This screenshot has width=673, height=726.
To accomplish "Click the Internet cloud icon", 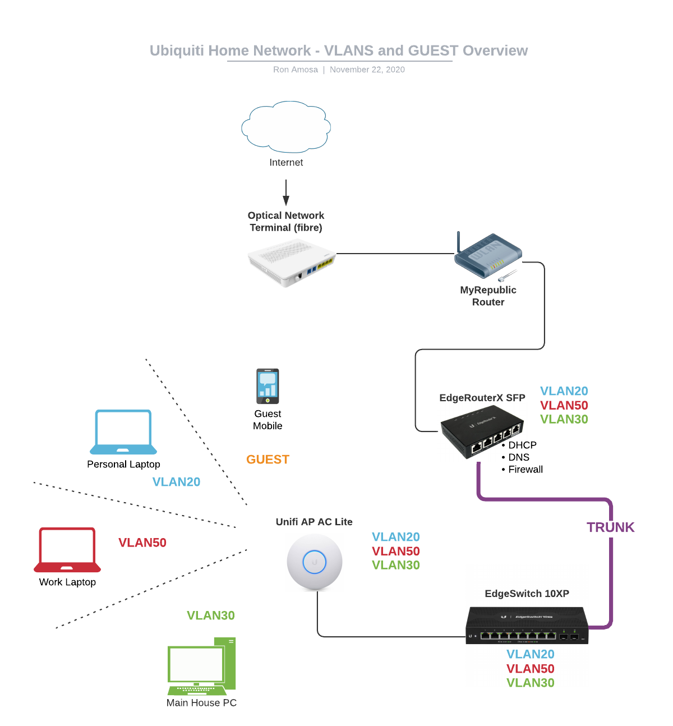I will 286,127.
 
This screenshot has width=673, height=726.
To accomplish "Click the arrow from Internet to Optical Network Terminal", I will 286,192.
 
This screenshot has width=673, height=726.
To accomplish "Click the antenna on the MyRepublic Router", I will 458,241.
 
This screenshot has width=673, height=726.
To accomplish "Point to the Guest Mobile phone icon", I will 268,386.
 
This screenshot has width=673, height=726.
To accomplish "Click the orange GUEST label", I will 268,460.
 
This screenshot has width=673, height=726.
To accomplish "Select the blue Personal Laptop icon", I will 123,431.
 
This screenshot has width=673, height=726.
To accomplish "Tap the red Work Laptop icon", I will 67,549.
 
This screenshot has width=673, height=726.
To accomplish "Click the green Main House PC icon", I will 201,667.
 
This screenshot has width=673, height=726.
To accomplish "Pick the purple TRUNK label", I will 610,527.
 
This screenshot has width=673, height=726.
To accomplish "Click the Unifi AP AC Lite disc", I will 315,562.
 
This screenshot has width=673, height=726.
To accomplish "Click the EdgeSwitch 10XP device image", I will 527,625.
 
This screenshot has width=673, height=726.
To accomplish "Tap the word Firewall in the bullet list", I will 526,470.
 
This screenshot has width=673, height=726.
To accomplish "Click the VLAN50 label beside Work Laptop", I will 142,543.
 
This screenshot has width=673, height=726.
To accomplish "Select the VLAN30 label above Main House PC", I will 210,615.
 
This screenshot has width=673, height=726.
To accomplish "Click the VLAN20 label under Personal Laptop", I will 176,482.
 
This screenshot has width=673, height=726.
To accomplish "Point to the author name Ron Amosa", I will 296,70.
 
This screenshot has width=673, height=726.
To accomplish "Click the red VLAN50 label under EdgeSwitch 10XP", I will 530,669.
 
